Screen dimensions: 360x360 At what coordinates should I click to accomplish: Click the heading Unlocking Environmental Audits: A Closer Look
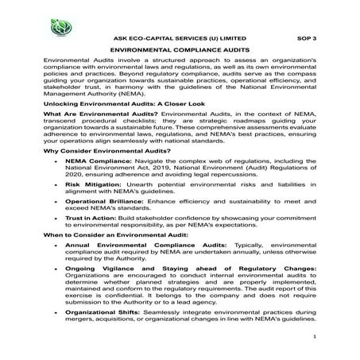pyautogui.click(x=118, y=104)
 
